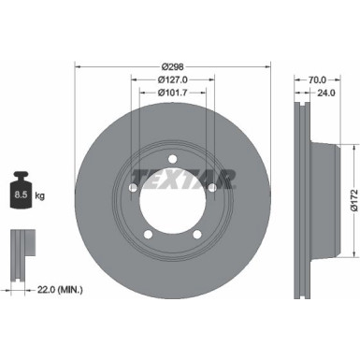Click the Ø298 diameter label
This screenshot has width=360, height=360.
(x=172, y=65)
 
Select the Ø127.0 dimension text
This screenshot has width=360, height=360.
(x=172, y=79)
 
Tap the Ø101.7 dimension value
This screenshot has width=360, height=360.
(x=172, y=93)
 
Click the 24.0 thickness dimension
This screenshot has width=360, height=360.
(x=324, y=94)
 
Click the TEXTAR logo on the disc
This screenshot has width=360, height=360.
(x=169, y=178)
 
